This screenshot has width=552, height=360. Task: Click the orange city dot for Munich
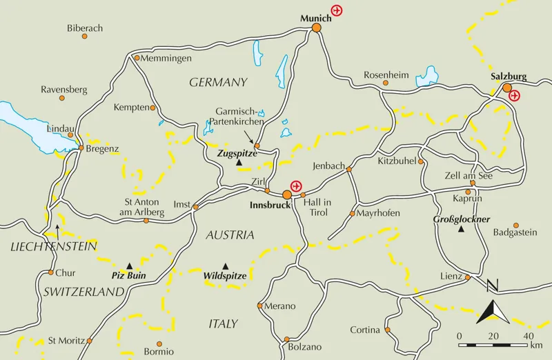click(316, 28)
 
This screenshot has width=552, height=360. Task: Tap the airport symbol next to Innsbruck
click(296, 186)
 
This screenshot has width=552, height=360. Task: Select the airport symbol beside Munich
click(337, 10)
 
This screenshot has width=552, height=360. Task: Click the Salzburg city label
click(508, 76)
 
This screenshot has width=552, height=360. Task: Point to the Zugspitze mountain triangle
click(239, 163)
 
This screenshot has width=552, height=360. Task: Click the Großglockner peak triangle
click(461, 229)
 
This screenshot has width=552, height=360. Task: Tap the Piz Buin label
click(129, 274)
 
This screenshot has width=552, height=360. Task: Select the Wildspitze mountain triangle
click(225, 266)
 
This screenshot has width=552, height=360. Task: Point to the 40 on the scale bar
click(528, 336)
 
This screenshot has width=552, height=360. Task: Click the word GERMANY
click(218, 82)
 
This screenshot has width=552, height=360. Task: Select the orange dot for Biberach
click(85, 36)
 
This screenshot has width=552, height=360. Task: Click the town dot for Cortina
click(388, 330)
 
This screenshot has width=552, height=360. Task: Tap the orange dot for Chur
click(51, 272)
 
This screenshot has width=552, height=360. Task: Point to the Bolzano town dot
click(286, 339)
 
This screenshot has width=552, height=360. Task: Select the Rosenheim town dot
click(386, 83)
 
